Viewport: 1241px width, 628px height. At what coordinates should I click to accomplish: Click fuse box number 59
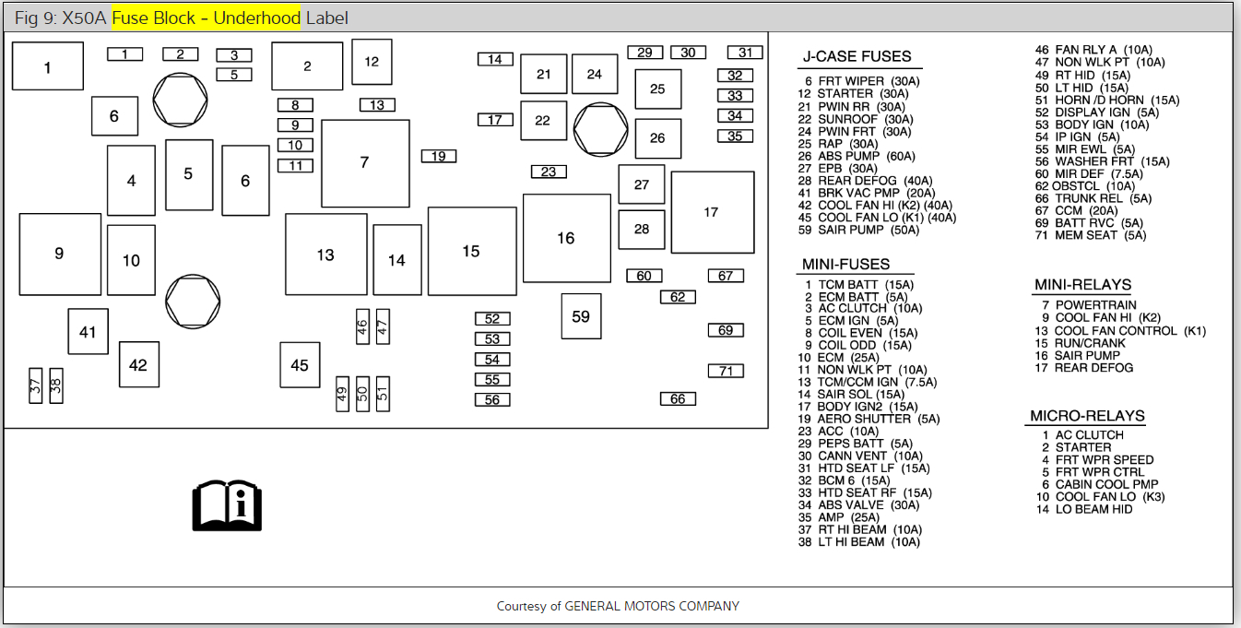tap(581, 316)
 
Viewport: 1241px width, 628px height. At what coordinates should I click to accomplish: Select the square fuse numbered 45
tap(300, 365)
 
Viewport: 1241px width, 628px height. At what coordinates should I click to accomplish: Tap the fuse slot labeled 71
tap(726, 371)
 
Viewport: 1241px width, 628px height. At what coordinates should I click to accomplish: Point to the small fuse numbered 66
tap(678, 399)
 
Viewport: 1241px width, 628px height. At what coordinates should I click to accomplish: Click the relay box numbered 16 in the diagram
tap(566, 238)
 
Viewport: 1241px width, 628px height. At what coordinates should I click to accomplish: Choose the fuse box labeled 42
tap(138, 365)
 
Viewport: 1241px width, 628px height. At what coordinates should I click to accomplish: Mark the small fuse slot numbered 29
tap(644, 53)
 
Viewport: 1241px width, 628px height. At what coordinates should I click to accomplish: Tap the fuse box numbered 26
tap(657, 138)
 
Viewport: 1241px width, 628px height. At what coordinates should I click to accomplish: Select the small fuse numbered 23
tap(549, 172)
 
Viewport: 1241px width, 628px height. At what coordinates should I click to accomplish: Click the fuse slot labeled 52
tap(492, 319)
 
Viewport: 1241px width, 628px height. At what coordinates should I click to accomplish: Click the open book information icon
tap(227, 504)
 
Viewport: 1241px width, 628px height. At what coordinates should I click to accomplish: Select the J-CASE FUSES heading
tap(857, 57)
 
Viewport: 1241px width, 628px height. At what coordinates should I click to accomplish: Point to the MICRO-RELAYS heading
tap(1087, 417)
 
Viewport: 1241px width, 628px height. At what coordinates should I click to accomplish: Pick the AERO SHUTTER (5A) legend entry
tap(878, 419)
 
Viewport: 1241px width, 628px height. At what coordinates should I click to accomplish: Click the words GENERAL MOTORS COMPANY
tap(651, 606)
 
